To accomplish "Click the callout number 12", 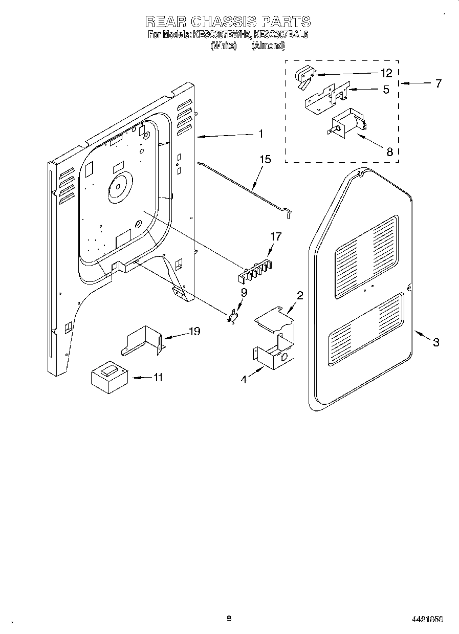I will tap(386, 73).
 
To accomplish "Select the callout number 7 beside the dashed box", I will tap(438, 83).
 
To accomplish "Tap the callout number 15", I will tap(265, 160).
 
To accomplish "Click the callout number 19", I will tap(194, 331).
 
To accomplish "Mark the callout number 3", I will tap(435, 342).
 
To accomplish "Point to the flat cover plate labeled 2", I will tap(275, 318).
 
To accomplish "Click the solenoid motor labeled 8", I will tap(345, 125).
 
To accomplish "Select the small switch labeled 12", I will tap(305, 77).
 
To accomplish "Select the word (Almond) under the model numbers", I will tap(268, 46).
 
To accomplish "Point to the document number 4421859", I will tap(427, 619).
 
